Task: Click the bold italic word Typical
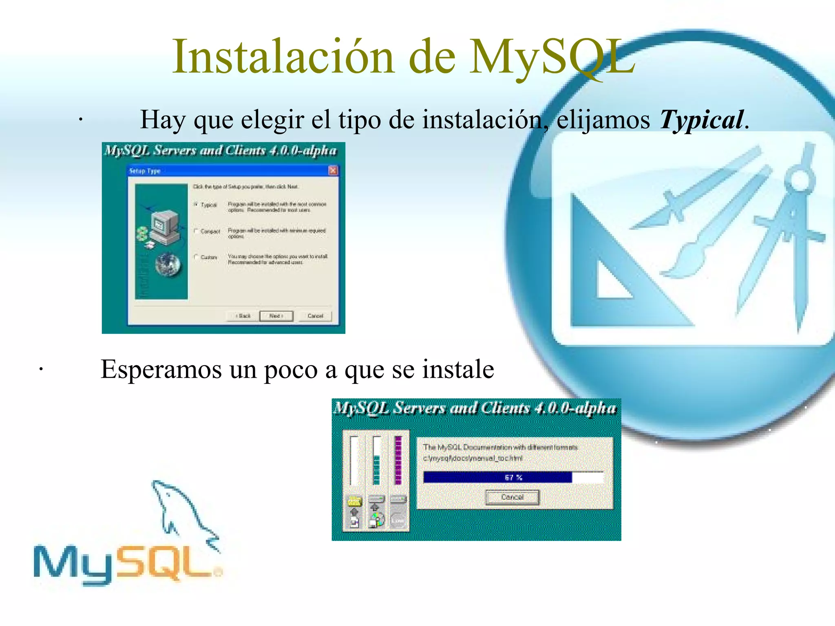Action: pos(701,120)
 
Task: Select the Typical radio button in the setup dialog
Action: pos(196,204)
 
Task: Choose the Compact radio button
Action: pos(196,231)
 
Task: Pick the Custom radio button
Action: pos(196,257)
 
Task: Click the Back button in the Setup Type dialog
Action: pos(243,316)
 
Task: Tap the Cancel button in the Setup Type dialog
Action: pos(315,316)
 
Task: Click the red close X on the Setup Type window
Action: pos(333,170)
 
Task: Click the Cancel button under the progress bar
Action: pos(512,497)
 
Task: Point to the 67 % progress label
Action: pos(513,478)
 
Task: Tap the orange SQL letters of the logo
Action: pos(167,562)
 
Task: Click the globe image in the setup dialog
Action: pos(168,265)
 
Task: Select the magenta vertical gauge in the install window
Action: pos(398,461)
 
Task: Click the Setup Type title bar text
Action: pos(145,171)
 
